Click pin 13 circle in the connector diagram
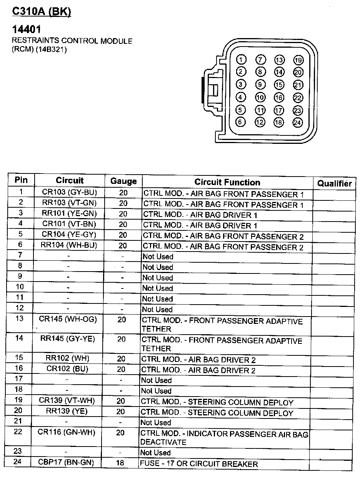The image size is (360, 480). (x=279, y=60)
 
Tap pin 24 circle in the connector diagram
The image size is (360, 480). (x=298, y=123)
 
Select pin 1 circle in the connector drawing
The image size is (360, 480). (x=241, y=60)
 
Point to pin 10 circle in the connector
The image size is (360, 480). (x=260, y=98)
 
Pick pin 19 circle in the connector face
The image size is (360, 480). (x=298, y=60)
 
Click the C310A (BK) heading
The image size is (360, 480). (x=42, y=12)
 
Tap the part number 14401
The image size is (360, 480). (x=27, y=29)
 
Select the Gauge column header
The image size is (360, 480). (x=123, y=181)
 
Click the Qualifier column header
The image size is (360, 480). (x=335, y=183)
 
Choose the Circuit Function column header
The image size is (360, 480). (x=227, y=182)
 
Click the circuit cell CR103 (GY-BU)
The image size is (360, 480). (x=70, y=192)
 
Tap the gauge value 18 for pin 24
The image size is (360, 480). (x=120, y=463)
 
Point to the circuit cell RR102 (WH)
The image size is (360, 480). (x=67, y=358)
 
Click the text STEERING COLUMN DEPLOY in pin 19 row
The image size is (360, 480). (x=240, y=403)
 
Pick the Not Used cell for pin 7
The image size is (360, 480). (x=158, y=257)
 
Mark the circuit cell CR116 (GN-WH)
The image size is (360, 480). (x=67, y=432)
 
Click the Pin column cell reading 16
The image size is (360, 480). (x=19, y=368)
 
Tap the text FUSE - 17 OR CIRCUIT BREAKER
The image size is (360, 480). (x=199, y=464)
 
